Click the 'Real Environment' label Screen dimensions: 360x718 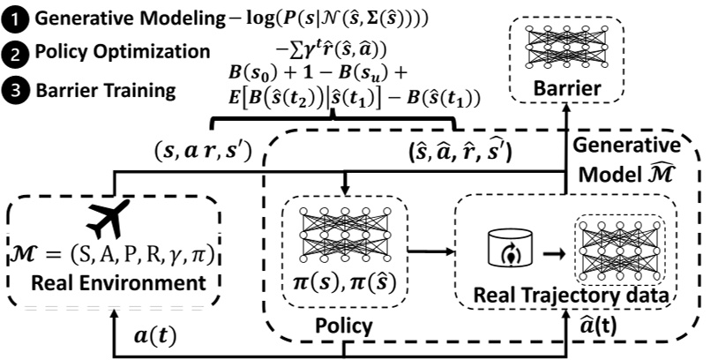(x=113, y=284)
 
